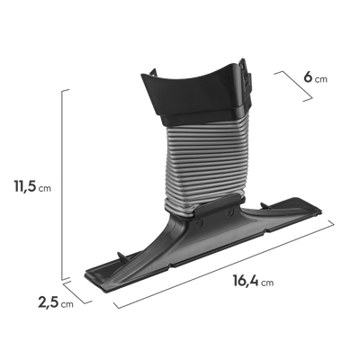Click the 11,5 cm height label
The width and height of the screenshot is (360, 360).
pos(32,186)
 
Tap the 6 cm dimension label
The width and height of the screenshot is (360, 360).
pos(316,77)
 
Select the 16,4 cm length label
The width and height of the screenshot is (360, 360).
pos(253,281)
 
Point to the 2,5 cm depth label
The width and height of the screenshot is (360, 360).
pos(56,302)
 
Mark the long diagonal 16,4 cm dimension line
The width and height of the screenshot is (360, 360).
pos(224,264)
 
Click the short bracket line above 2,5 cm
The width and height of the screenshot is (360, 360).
pos(77,292)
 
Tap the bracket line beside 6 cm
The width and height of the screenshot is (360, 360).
pos(294,86)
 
